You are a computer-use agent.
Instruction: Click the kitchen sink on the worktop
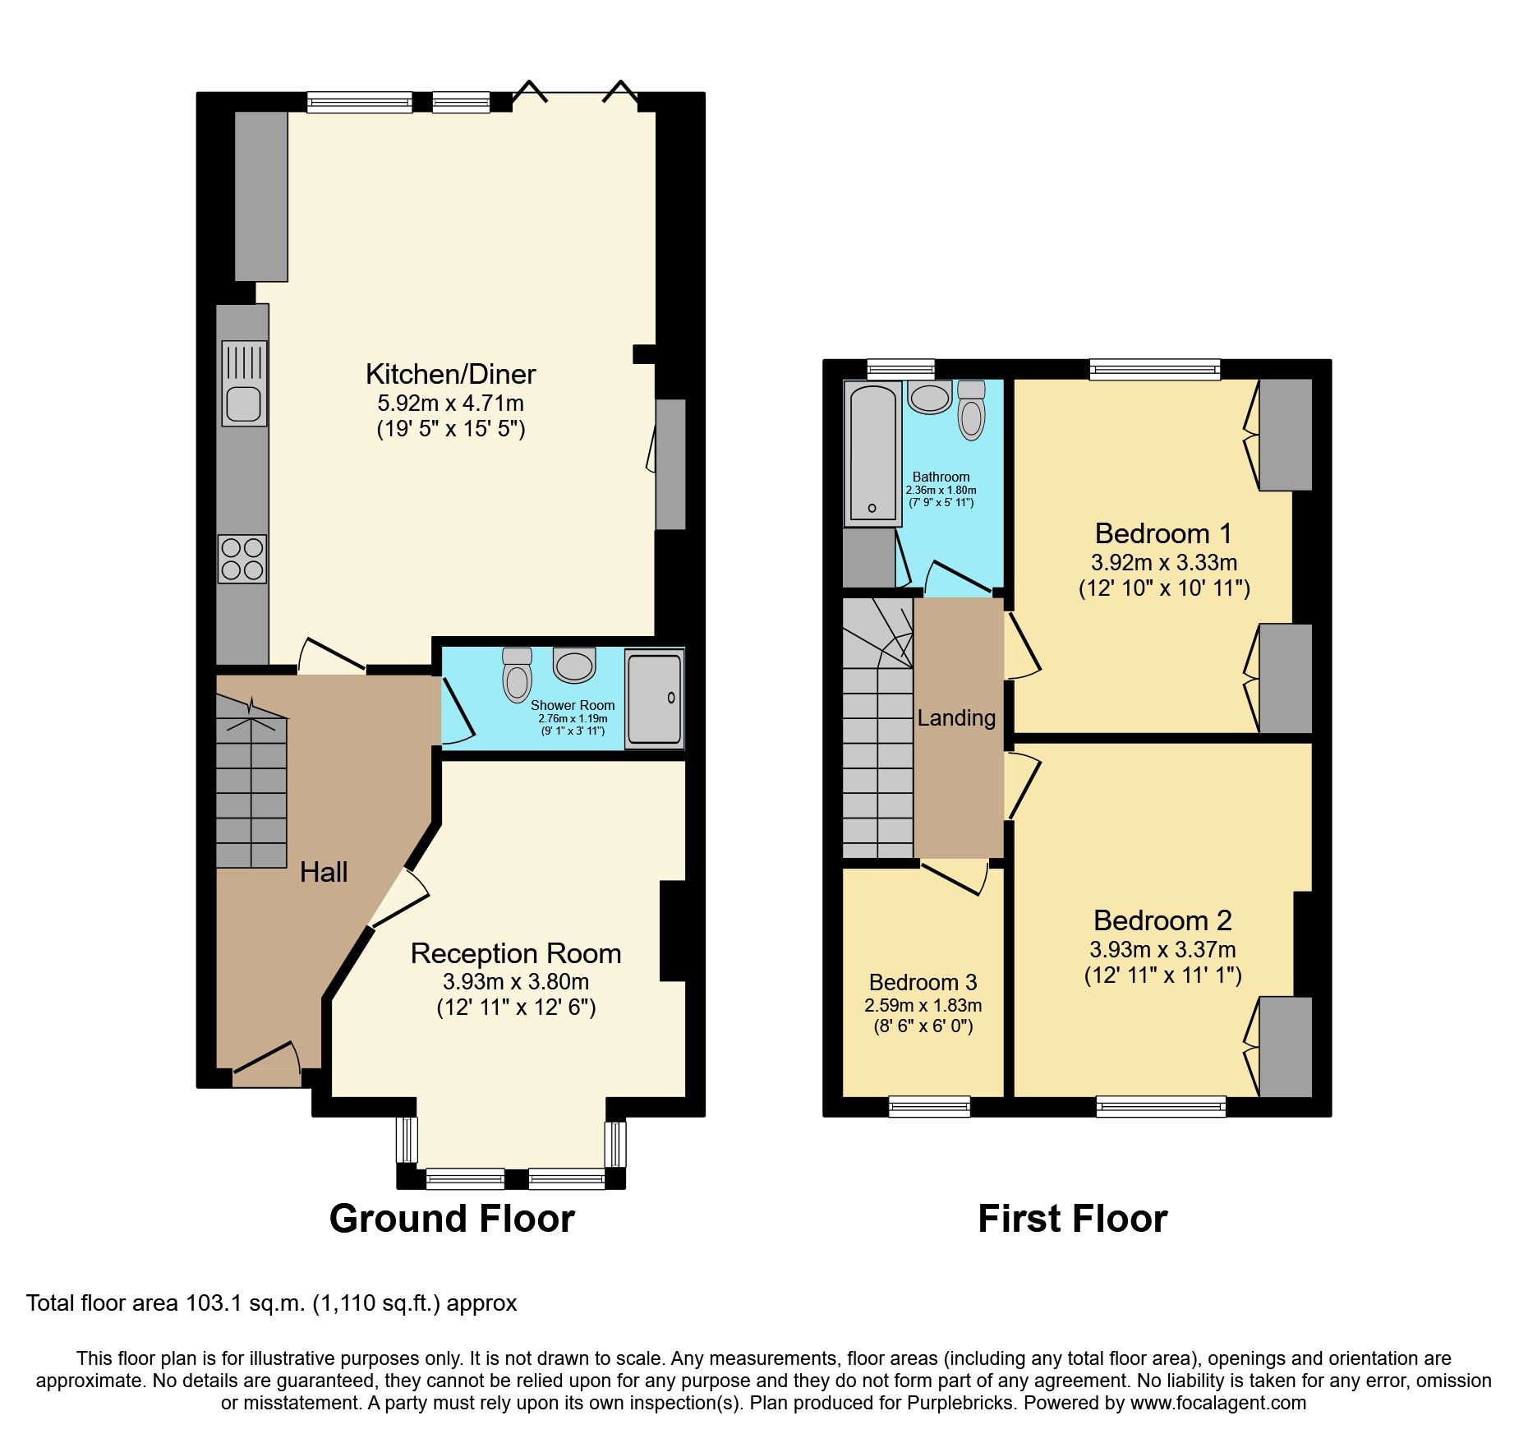(244, 403)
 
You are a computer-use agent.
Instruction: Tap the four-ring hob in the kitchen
(242, 559)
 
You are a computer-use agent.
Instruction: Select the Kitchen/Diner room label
(450, 374)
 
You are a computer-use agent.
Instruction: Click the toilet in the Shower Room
(517, 676)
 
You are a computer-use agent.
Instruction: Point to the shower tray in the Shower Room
(654, 699)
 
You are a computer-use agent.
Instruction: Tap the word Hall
(324, 872)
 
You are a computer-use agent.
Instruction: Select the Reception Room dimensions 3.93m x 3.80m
(515, 981)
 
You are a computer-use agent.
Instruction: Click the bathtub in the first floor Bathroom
(872, 452)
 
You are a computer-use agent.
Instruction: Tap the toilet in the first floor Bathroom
(971, 411)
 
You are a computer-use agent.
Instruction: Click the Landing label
(956, 718)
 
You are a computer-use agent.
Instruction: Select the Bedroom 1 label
(1163, 533)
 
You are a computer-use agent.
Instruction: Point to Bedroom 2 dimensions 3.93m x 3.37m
(1162, 949)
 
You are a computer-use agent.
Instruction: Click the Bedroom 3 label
(923, 982)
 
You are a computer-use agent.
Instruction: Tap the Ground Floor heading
(452, 1218)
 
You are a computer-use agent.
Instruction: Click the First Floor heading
(1072, 1218)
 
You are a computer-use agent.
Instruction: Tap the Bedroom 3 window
(929, 1107)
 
